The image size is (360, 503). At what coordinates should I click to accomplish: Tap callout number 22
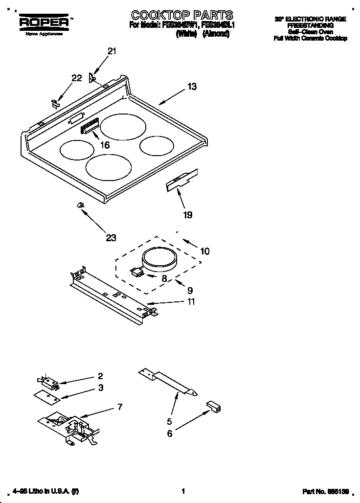pos(76,78)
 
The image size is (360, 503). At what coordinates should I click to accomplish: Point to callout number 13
pos(192,87)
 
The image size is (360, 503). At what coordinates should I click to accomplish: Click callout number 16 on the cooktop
pos(104,145)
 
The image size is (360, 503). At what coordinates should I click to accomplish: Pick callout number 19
pos(187,214)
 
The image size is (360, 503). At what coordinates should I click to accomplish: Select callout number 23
pos(111,238)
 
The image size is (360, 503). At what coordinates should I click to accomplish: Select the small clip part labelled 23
pos(78,205)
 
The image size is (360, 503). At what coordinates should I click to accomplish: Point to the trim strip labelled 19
pos(181,180)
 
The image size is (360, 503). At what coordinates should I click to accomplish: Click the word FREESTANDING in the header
pos(310,25)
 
